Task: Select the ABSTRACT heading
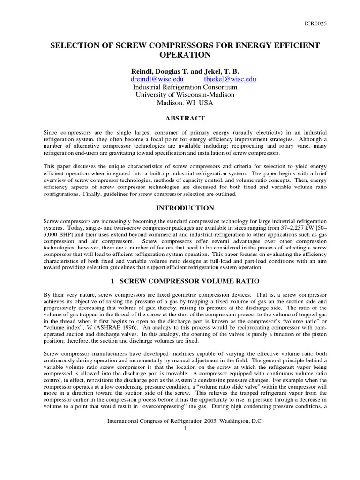(x=185, y=118)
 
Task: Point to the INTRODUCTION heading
(x=185, y=208)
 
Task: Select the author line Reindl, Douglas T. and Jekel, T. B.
(x=185, y=71)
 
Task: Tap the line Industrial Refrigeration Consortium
(x=185, y=87)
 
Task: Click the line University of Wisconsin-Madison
(x=185, y=95)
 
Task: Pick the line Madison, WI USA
(x=185, y=103)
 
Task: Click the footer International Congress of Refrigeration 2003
(x=185, y=421)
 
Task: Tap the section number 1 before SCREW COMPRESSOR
(x=112, y=283)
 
